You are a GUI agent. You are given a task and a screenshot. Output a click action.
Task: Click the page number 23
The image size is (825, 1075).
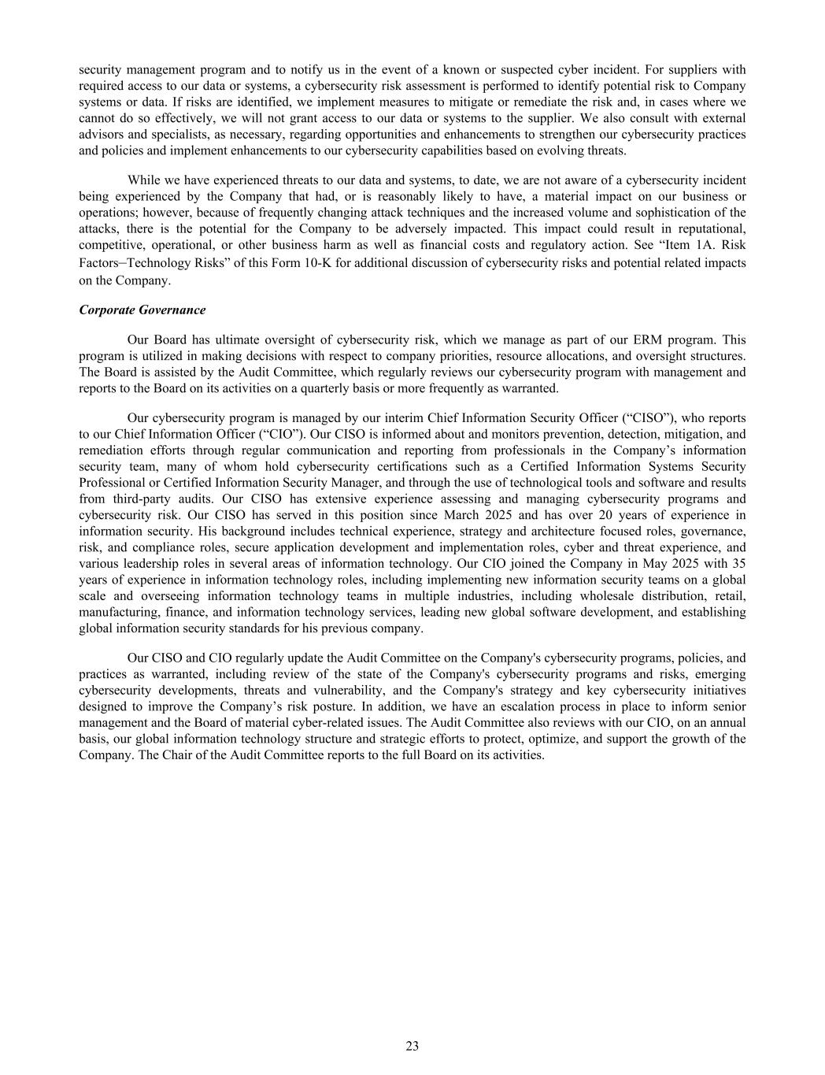(412, 1046)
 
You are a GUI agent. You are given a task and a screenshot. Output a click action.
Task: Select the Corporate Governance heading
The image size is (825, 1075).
(142, 310)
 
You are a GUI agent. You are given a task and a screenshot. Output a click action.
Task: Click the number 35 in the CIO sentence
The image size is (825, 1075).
(738, 564)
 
